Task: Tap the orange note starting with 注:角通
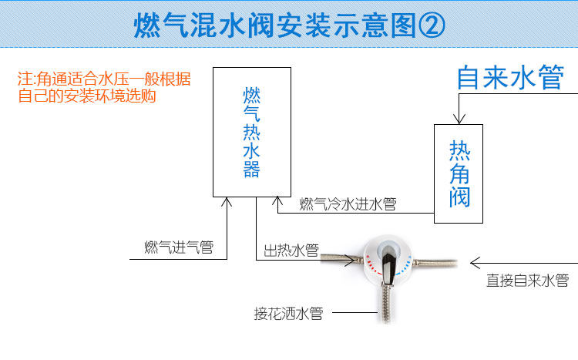pos(104,88)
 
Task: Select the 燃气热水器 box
pos(252,131)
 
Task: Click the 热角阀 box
pos(459,173)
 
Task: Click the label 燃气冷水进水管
pos(348,204)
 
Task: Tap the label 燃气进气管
pos(179,248)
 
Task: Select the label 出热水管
pos(291,250)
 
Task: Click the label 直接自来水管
pos(527,281)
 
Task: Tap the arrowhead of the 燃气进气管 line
pos(227,202)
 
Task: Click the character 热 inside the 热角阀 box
pos(459,151)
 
